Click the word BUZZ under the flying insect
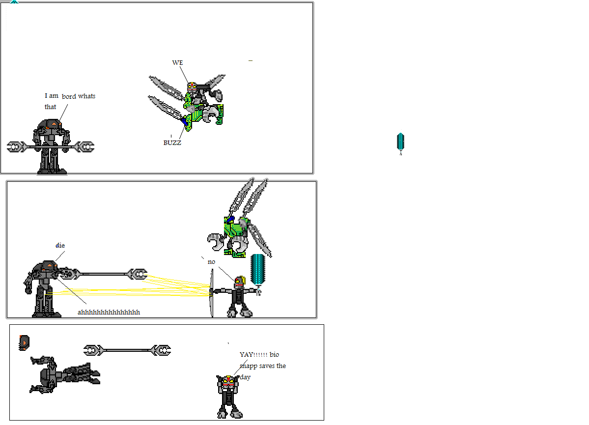[172, 143]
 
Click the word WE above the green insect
[177, 63]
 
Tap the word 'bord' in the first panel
[69, 96]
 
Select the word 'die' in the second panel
[60, 245]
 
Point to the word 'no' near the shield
[211, 262]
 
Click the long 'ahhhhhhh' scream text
[109, 312]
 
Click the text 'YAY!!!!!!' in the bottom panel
[253, 354]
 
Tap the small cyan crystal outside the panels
[400, 142]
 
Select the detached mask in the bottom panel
[24, 342]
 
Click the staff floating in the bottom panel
[127, 350]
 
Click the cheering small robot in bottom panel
[229, 396]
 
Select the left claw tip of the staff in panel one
[15, 147]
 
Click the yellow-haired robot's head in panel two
[239, 282]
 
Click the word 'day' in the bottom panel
[245, 377]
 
